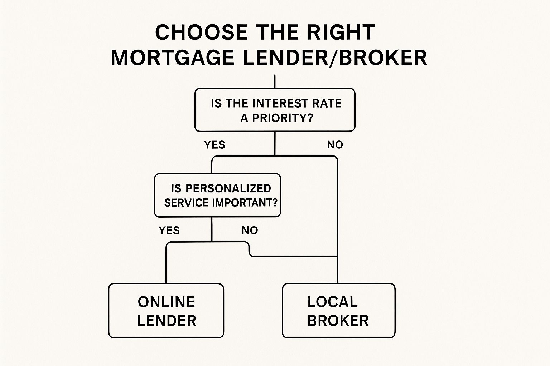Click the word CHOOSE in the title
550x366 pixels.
click(x=201, y=32)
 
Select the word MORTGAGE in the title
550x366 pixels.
click(x=172, y=58)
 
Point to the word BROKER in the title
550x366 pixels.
click(x=383, y=58)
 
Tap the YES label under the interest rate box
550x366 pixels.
click(x=214, y=145)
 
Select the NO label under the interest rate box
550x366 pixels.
click(x=335, y=145)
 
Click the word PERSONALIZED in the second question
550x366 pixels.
click(x=228, y=188)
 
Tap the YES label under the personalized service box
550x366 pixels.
click(x=169, y=231)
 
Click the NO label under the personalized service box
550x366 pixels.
click(x=250, y=231)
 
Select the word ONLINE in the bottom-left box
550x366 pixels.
click(x=167, y=302)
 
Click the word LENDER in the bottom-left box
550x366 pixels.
click(x=167, y=320)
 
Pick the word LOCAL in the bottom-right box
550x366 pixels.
click(x=332, y=302)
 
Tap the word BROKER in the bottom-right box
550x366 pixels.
click(x=338, y=320)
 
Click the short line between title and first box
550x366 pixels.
click(x=275, y=81)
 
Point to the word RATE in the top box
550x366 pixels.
click(x=327, y=103)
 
